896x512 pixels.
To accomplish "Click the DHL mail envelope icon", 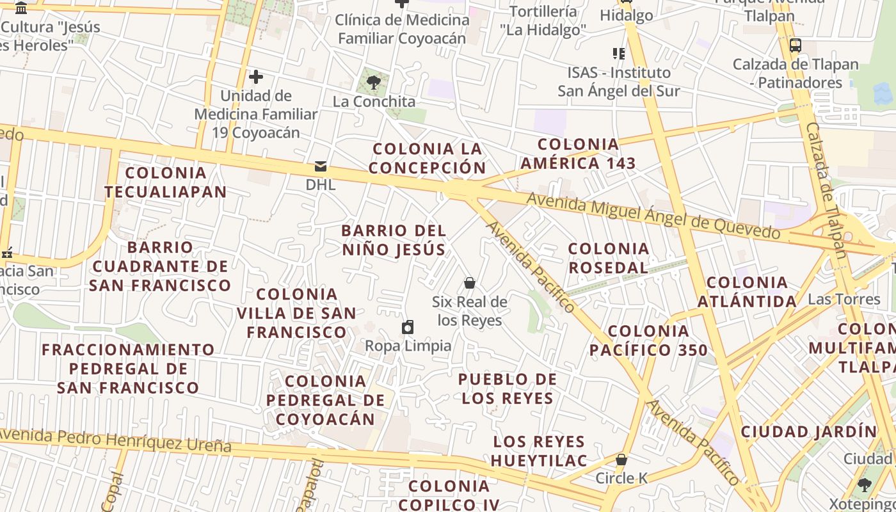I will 321,167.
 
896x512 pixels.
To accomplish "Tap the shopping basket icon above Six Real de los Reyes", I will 470,283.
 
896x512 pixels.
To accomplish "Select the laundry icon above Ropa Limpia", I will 408,328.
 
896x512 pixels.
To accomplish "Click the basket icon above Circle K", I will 621,460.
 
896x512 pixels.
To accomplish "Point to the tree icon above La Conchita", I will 374,83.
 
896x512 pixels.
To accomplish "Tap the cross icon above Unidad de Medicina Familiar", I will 256,77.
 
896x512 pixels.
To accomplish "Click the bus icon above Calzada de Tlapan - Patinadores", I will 796,45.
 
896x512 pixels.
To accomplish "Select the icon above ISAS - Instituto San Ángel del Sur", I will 618,54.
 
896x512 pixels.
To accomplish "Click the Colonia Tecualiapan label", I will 166,182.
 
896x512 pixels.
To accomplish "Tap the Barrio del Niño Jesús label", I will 394,240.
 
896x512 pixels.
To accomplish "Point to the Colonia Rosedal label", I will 609,258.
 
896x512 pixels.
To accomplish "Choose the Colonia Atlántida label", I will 747,292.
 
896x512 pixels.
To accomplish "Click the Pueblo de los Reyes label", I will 508,388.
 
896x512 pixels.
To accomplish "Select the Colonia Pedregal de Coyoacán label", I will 326,400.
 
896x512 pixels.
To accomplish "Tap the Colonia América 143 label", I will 578,154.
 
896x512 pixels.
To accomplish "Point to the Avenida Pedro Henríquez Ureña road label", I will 115,440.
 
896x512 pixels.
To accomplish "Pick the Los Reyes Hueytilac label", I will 539,451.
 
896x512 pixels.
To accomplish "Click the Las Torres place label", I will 844,300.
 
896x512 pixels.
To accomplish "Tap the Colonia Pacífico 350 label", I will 648,340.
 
